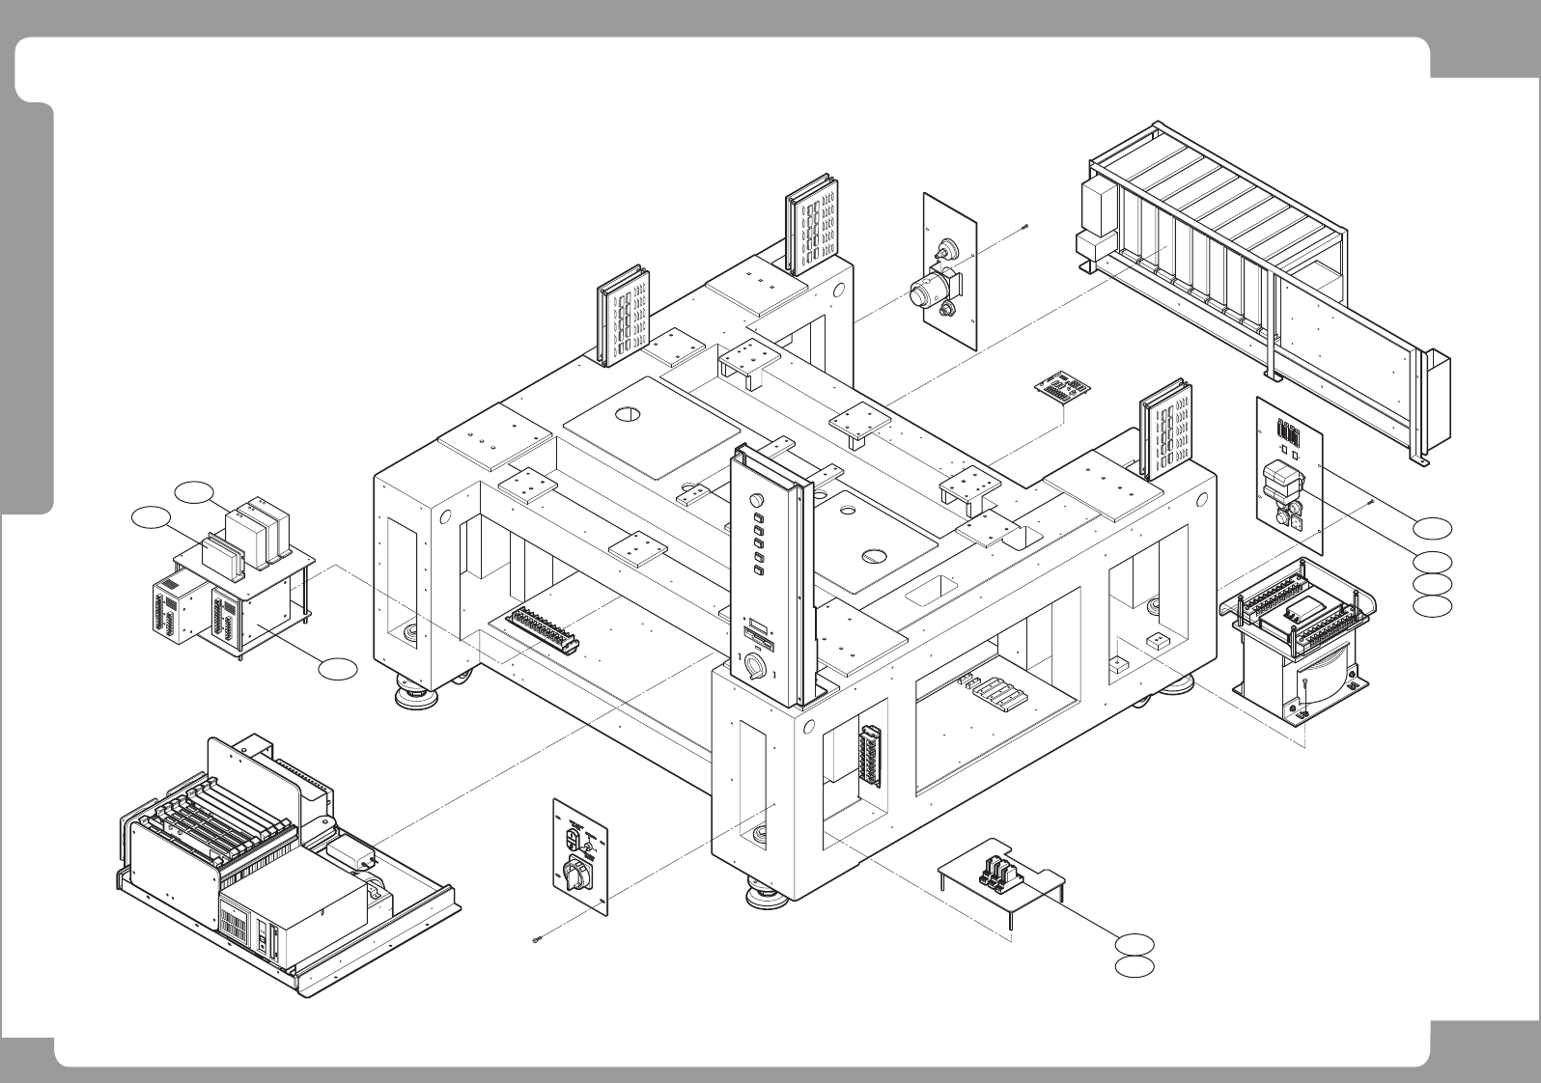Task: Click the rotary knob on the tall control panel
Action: pyautogui.click(x=755, y=666)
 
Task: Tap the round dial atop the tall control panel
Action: pyautogui.click(x=756, y=501)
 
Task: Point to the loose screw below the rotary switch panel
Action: pyautogui.click(x=537, y=940)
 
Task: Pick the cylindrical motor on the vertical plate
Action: pyautogui.click(x=934, y=287)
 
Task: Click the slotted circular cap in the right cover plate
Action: pyautogui.click(x=872, y=555)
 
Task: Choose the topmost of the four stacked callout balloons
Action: pyautogui.click(x=1433, y=527)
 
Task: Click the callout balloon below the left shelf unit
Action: pyautogui.click(x=338, y=667)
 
